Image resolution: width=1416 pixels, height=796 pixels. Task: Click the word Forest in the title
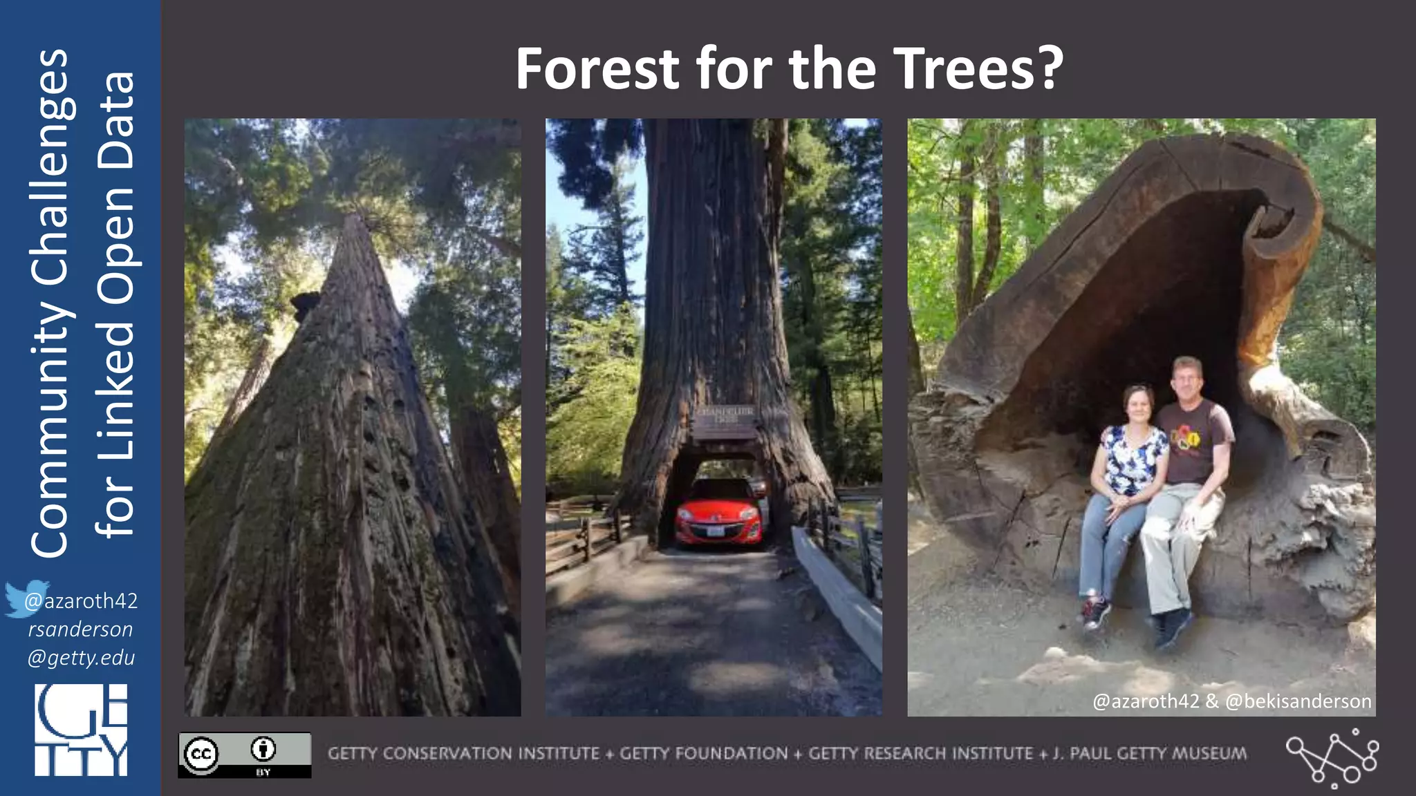point(598,69)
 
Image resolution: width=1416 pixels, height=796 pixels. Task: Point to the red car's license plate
point(717,532)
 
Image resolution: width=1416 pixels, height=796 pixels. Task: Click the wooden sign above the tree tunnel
point(725,422)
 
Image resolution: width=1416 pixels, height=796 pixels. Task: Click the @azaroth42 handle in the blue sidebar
point(81,601)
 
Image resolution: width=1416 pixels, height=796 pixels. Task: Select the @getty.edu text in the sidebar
point(81,657)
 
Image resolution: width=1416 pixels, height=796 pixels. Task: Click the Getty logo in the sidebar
point(81,730)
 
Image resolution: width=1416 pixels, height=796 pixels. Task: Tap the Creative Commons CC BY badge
point(244,755)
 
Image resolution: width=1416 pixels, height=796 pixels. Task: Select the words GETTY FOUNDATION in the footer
point(703,753)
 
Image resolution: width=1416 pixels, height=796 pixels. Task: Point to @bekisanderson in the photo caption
point(1298,701)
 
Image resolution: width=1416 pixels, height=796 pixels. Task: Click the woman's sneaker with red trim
point(1095,612)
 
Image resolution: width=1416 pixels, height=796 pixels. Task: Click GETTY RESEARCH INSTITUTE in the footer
point(920,753)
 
